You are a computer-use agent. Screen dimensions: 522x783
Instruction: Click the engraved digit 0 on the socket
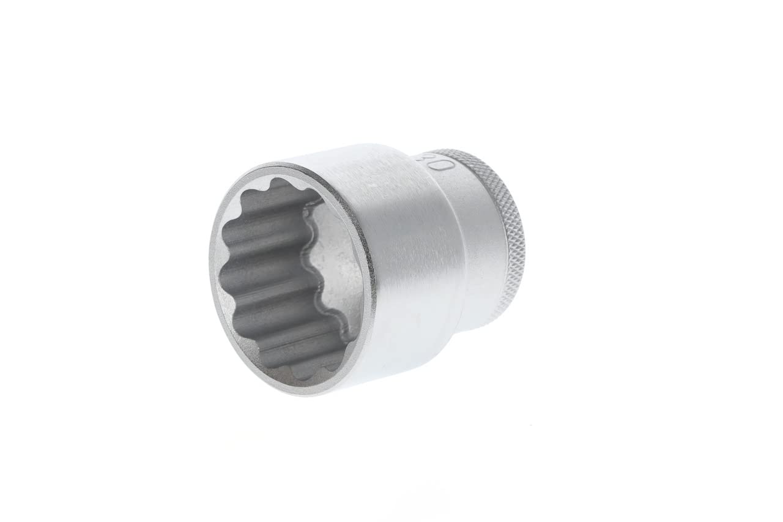[x=445, y=165]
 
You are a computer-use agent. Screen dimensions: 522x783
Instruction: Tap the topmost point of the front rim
[x=275, y=163]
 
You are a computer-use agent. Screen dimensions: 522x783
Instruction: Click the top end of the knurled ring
[x=456, y=149]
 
